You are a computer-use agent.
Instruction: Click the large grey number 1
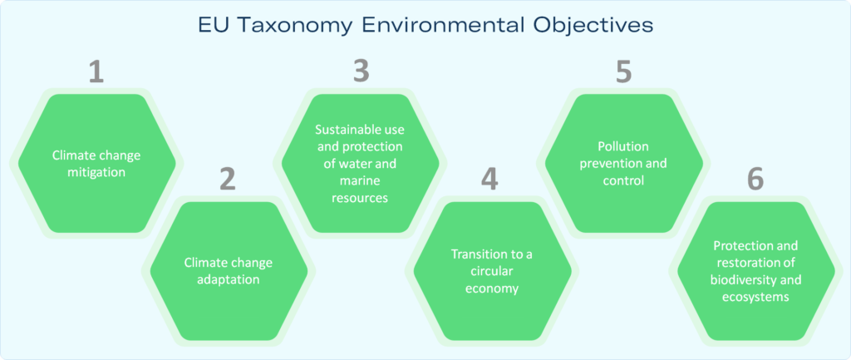coord(96,72)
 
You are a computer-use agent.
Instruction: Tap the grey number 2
coord(228,180)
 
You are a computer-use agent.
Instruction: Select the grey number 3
coord(361,72)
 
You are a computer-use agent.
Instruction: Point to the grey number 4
coord(490,180)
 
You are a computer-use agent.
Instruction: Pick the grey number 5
coord(623,72)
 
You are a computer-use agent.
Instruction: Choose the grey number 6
coord(755,180)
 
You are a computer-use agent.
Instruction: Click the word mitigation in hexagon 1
coord(96,173)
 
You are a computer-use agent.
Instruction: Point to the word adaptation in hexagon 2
coord(229,280)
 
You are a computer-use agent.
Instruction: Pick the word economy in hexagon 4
coord(492,288)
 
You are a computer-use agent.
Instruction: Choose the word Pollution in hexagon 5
coord(623,146)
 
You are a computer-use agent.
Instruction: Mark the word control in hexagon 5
coord(623,180)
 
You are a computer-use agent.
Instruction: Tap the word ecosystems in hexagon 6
coord(755,298)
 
